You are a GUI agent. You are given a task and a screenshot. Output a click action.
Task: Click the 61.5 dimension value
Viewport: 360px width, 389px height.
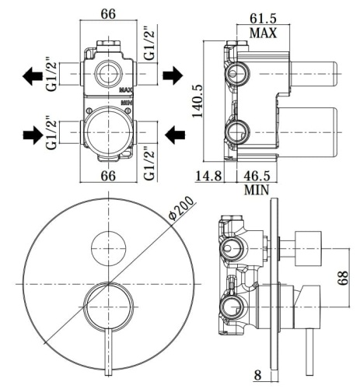(x=263, y=19)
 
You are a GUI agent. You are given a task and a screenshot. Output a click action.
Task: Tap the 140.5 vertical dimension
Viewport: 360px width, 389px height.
(x=197, y=101)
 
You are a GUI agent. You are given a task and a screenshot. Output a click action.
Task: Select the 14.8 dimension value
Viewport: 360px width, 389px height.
(x=208, y=176)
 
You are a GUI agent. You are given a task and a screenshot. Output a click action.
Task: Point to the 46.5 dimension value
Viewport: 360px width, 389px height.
(x=257, y=176)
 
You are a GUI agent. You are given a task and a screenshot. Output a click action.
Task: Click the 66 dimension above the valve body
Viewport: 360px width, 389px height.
(x=108, y=14)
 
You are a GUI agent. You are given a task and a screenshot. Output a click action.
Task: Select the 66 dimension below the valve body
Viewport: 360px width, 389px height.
(x=108, y=176)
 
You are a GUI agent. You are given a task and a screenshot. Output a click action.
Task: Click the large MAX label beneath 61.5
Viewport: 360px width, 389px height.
(x=263, y=33)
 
